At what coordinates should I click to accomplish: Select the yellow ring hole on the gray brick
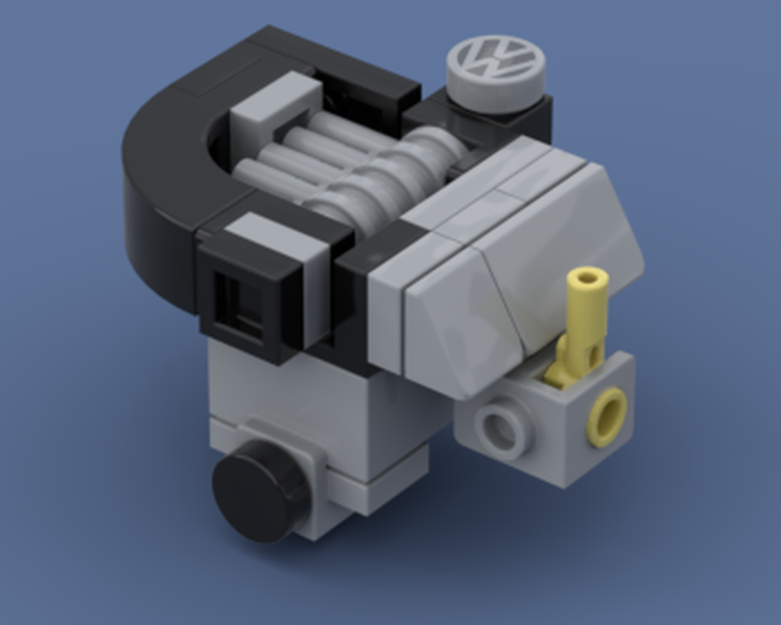(606, 416)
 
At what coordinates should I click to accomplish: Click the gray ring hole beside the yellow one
(500, 429)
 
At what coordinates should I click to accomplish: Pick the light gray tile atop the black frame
(273, 234)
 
